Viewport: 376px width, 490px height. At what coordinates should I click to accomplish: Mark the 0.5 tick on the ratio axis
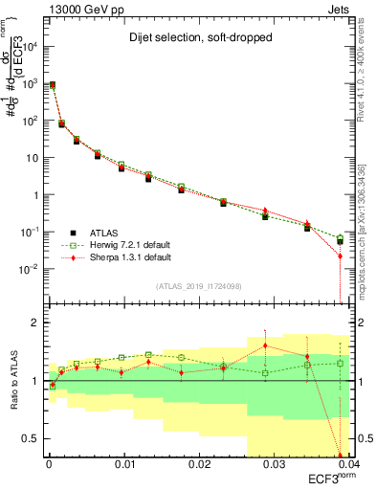(36, 438)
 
